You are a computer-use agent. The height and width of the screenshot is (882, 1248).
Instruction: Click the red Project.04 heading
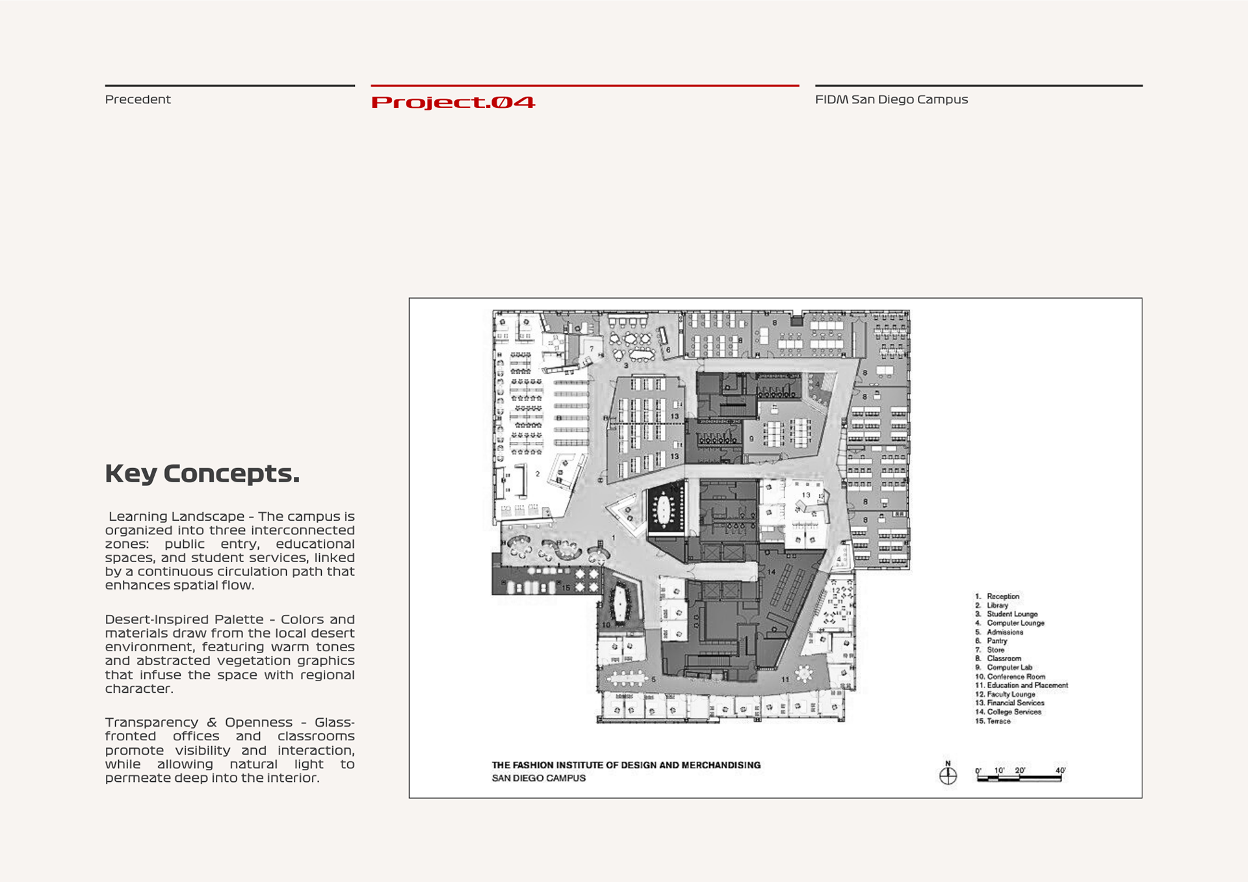[x=453, y=102]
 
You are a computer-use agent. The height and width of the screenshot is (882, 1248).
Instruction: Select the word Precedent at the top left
[x=138, y=99]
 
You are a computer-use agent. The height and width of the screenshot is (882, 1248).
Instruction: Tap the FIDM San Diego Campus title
[x=891, y=99]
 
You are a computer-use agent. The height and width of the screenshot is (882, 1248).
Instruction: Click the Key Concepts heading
[x=202, y=473]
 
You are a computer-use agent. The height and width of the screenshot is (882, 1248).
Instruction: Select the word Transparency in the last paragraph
[x=151, y=722]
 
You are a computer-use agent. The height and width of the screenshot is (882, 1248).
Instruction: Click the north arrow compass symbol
[x=948, y=775]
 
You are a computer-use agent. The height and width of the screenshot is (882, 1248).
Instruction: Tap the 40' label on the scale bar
[x=1060, y=770]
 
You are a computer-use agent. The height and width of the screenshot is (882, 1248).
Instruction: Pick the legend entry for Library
[x=997, y=605]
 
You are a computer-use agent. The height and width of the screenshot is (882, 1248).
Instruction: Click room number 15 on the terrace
[x=565, y=588]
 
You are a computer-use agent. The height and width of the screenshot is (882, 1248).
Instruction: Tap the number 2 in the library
[x=538, y=474]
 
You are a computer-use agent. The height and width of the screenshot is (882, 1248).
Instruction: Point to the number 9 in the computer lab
[x=751, y=439]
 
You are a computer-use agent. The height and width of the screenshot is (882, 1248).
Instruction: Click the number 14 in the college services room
[x=772, y=572]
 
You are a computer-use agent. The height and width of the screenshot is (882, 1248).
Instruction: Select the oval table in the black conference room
[x=664, y=509]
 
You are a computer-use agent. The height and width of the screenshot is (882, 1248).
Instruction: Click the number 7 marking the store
[x=591, y=349]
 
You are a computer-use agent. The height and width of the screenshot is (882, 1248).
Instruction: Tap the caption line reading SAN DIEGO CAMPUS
[x=538, y=778]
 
